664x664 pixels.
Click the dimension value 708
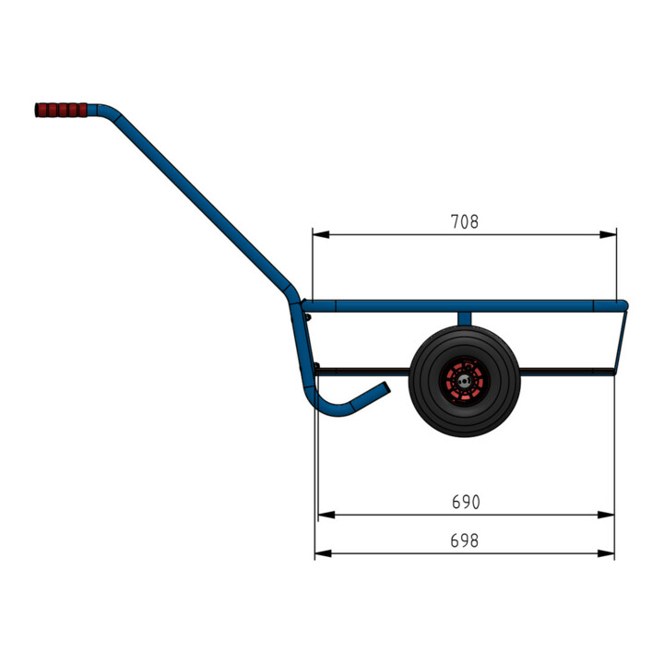pos(464,222)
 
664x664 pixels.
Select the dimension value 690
pos(466,503)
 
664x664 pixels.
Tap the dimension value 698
pos(464,540)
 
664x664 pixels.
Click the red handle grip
pos(61,110)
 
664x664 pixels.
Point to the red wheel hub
pos(464,381)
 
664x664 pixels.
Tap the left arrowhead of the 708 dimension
pos(321,234)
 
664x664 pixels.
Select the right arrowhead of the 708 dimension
pos(608,234)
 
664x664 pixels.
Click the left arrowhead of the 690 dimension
pos(326,515)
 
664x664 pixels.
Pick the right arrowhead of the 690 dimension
pos(606,515)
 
